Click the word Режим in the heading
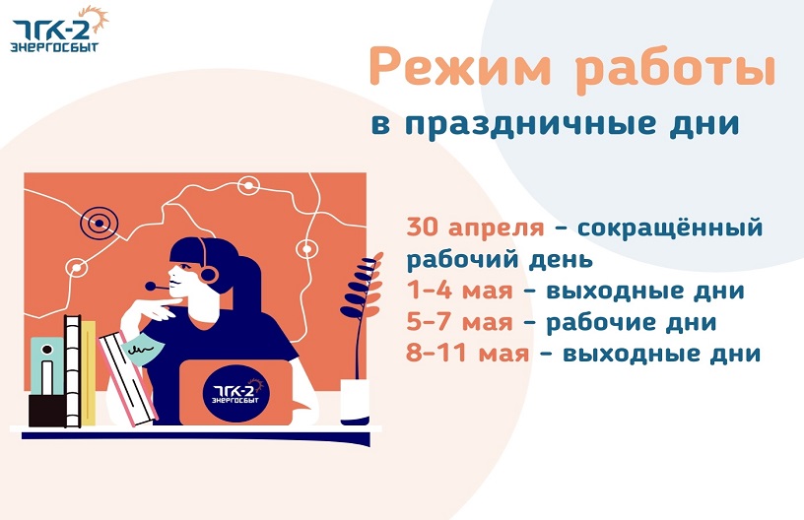click(x=459, y=67)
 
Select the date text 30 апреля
click(x=475, y=227)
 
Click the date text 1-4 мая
click(x=460, y=291)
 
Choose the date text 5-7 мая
click(x=460, y=323)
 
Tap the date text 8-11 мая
click(x=468, y=354)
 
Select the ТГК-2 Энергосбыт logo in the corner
click(x=59, y=31)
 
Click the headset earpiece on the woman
click(x=208, y=274)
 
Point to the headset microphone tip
click(x=150, y=286)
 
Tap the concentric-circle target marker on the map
click(x=99, y=224)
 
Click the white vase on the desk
click(x=355, y=402)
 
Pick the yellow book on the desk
click(x=89, y=373)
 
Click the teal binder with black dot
click(x=47, y=365)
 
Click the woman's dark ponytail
click(x=249, y=282)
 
